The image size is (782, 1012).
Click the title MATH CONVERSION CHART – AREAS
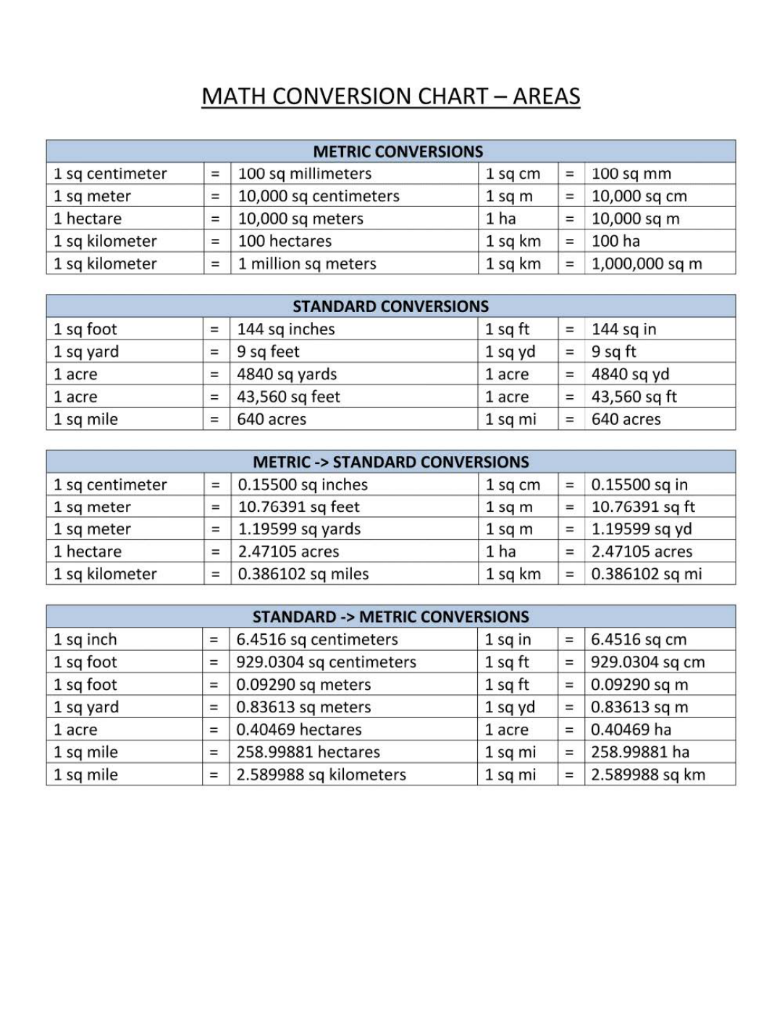(x=391, y=96)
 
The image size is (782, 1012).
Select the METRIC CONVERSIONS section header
(x=398, y=151)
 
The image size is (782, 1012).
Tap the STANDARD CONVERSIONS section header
(x=390, y=306)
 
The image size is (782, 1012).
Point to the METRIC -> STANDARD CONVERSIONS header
(x=391, y=462)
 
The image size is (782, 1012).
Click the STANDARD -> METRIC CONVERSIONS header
(x=391, y=617)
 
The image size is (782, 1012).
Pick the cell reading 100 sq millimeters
(x=305, y=174)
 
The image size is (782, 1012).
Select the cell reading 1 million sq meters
(x=307, y=263)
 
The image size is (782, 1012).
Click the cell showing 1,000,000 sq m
(x=647, y=263)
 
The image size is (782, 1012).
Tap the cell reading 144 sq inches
(x=286, y=329)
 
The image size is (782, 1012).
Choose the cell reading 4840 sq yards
(x=287, y=374)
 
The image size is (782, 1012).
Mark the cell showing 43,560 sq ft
(x=634, y=397)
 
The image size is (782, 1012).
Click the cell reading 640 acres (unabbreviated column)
(x=272, y=419)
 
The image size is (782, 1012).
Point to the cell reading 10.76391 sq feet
(x=299, y=507)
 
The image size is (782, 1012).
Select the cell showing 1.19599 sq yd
(x=642, y=529)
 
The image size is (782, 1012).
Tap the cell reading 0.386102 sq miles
(x=303, y=574)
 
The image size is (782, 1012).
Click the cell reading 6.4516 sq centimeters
(x=317, y=640)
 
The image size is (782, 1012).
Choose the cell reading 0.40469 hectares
(x=299, y=730)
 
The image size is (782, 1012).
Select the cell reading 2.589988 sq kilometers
(x=321, y=775)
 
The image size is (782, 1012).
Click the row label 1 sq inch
(x=85, y=640)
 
